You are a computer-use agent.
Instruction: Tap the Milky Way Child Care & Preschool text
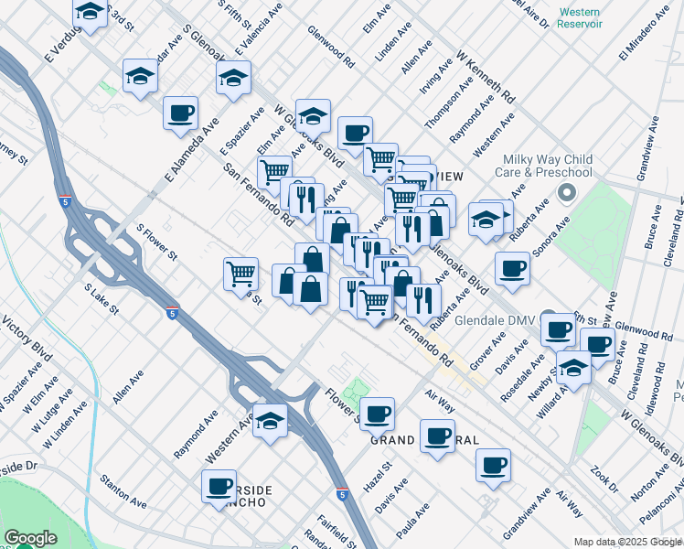pyautogui.click(x=544, y=165)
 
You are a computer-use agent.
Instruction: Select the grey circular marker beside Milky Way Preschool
pyautogui.click(x=566, y=193)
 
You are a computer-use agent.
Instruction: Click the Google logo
pyautogui.click(x=30, y=538)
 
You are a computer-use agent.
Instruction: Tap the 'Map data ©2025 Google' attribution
pyautogui.click(x=628, y=542)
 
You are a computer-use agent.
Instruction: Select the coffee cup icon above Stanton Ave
pyautogui.click(x=219, y=486)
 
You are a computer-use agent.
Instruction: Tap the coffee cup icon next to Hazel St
pyautogui.click(x=377, y=414)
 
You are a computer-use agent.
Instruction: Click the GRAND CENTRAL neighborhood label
pyautogui.click(x=424, y=440)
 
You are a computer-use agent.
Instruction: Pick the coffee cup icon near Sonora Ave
pyautogui.click(x=513, y=268)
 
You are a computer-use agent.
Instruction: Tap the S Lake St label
pyautogui.click(x=102, y=298)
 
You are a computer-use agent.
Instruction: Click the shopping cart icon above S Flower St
pyautogui.click(x=240, y=272)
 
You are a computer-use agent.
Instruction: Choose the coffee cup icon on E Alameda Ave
pyautogui.click(x=180, y=113)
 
